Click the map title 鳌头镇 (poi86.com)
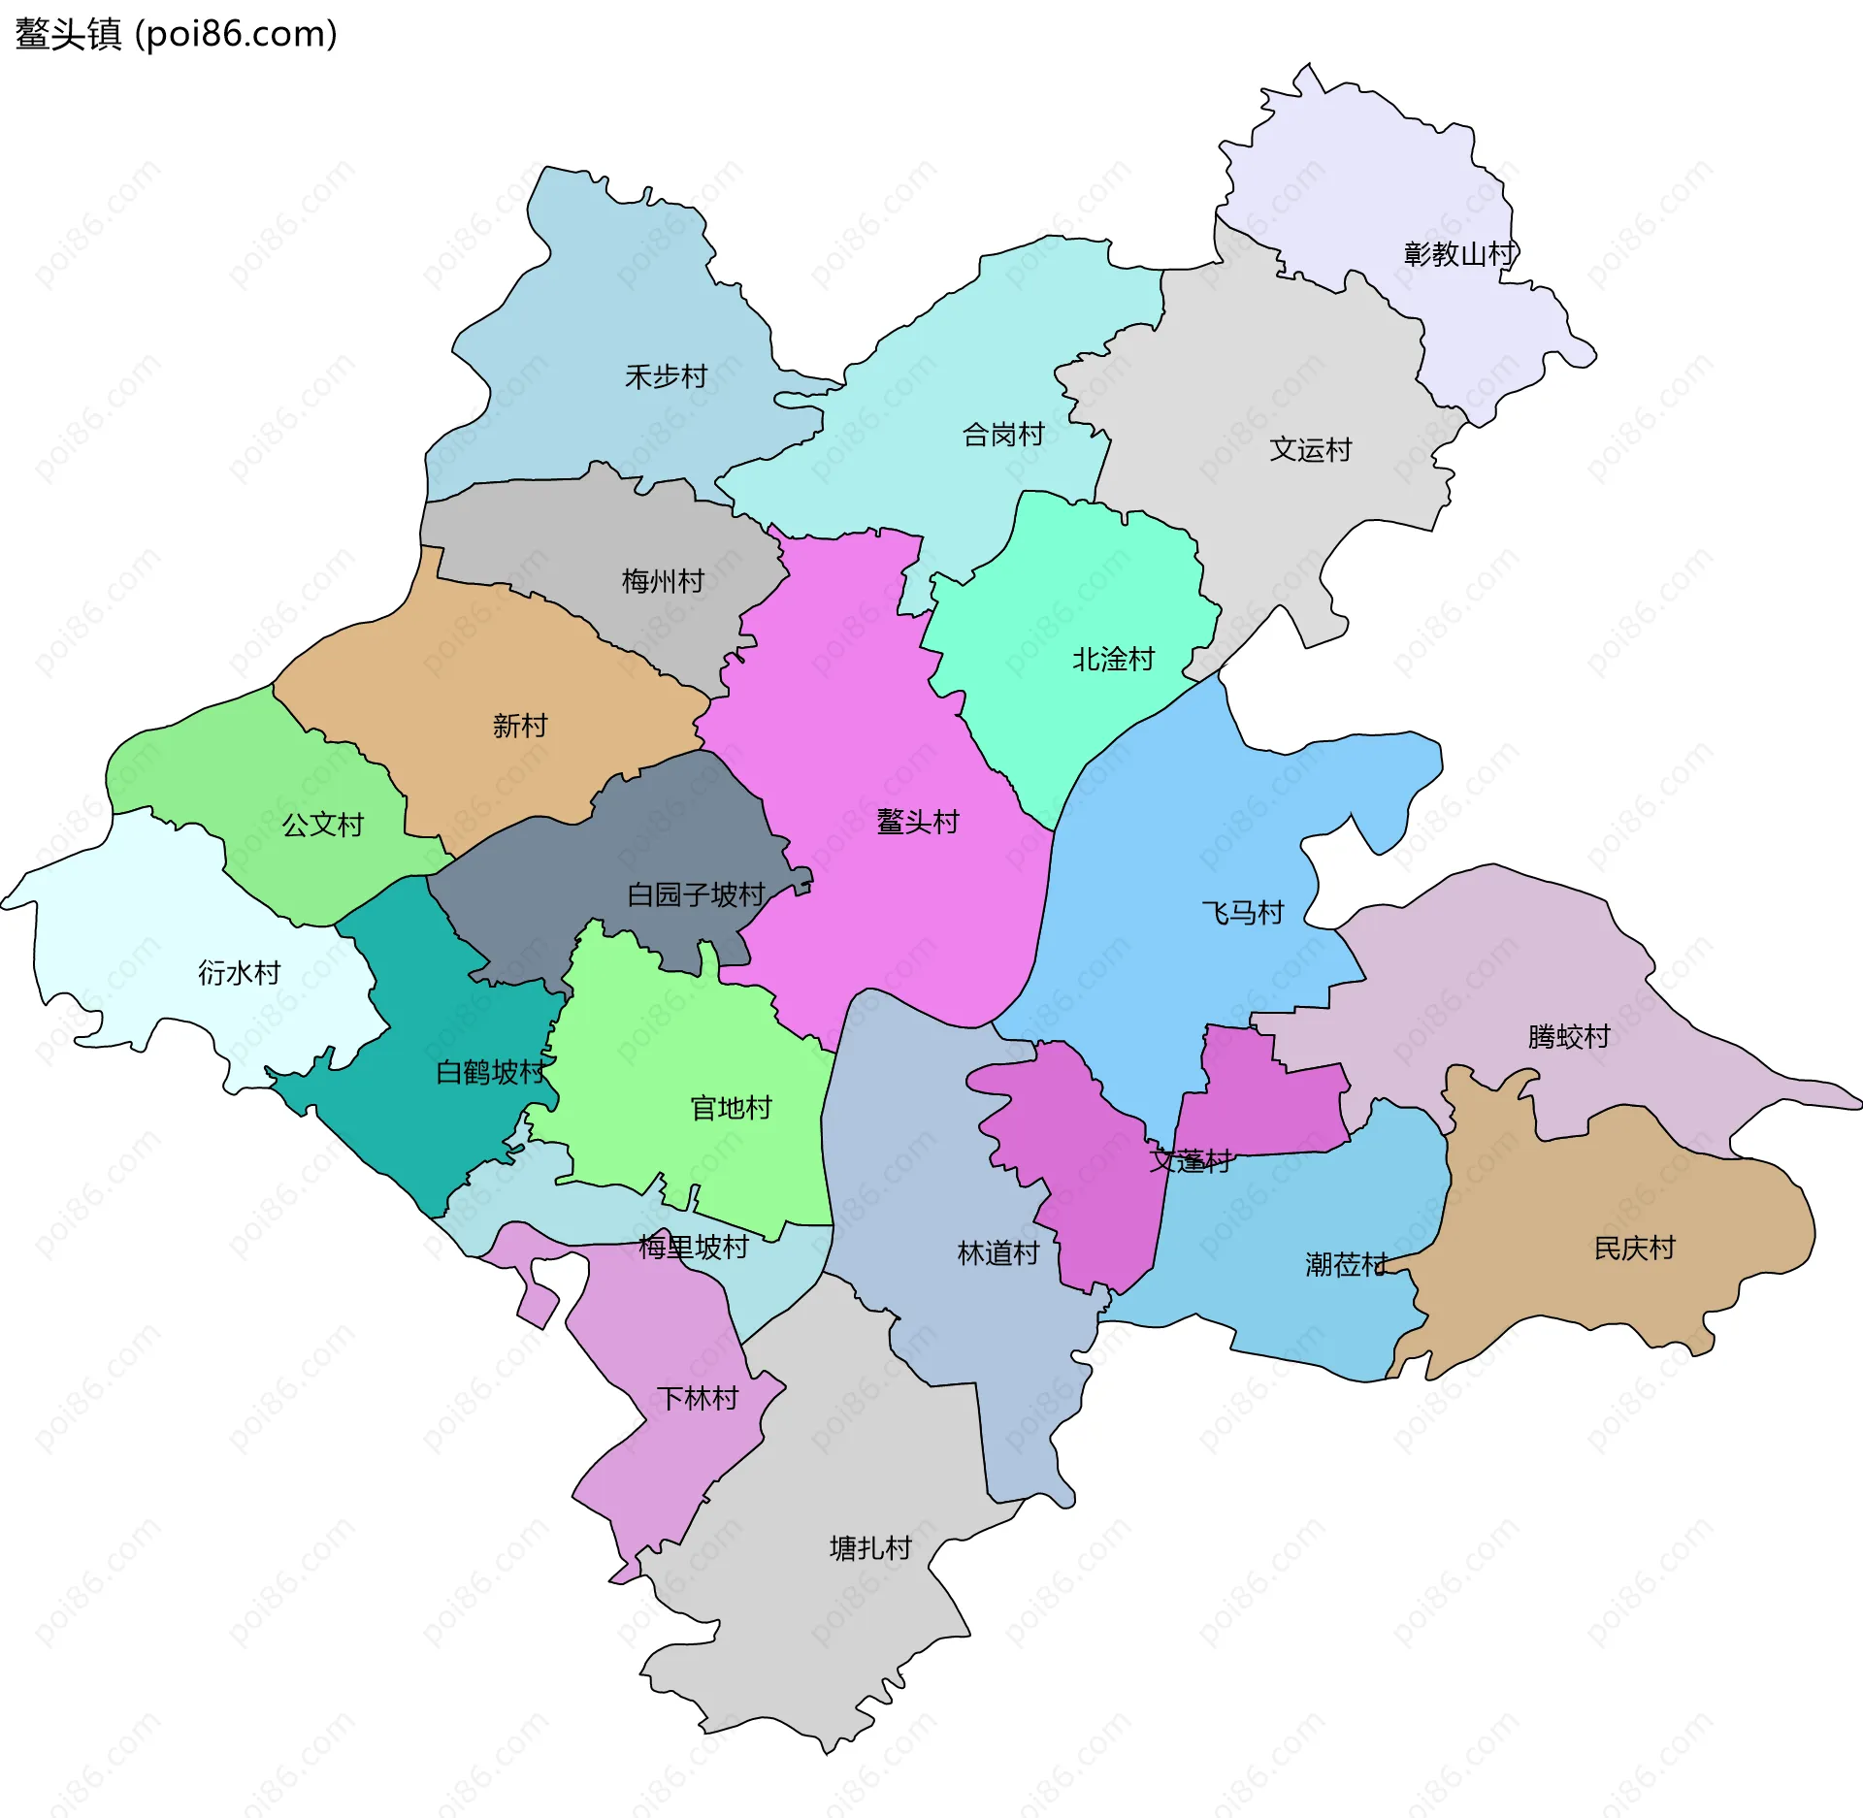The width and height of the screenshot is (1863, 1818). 176,34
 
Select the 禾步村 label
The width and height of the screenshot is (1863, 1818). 666,376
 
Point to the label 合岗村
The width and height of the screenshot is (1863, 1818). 1003,435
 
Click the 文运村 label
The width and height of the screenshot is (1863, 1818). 1311,450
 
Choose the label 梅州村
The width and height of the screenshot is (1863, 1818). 663,581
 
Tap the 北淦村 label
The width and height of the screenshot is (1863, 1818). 1113,660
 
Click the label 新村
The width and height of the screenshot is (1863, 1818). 520,726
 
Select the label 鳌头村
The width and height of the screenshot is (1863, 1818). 918,822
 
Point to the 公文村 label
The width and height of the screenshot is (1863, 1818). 322,825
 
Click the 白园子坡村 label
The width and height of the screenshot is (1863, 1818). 696,894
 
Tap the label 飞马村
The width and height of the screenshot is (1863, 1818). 1243,913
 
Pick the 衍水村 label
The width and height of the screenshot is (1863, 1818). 240,972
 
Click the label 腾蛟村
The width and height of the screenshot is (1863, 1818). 1569,1037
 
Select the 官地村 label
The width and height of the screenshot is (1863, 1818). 731,1108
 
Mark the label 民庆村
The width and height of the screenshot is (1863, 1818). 1635,1249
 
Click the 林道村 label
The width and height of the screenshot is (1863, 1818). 998,1253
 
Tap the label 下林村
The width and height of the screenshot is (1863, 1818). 698,1398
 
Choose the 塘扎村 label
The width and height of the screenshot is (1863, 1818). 870,1548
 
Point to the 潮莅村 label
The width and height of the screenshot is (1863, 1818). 1346,1265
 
